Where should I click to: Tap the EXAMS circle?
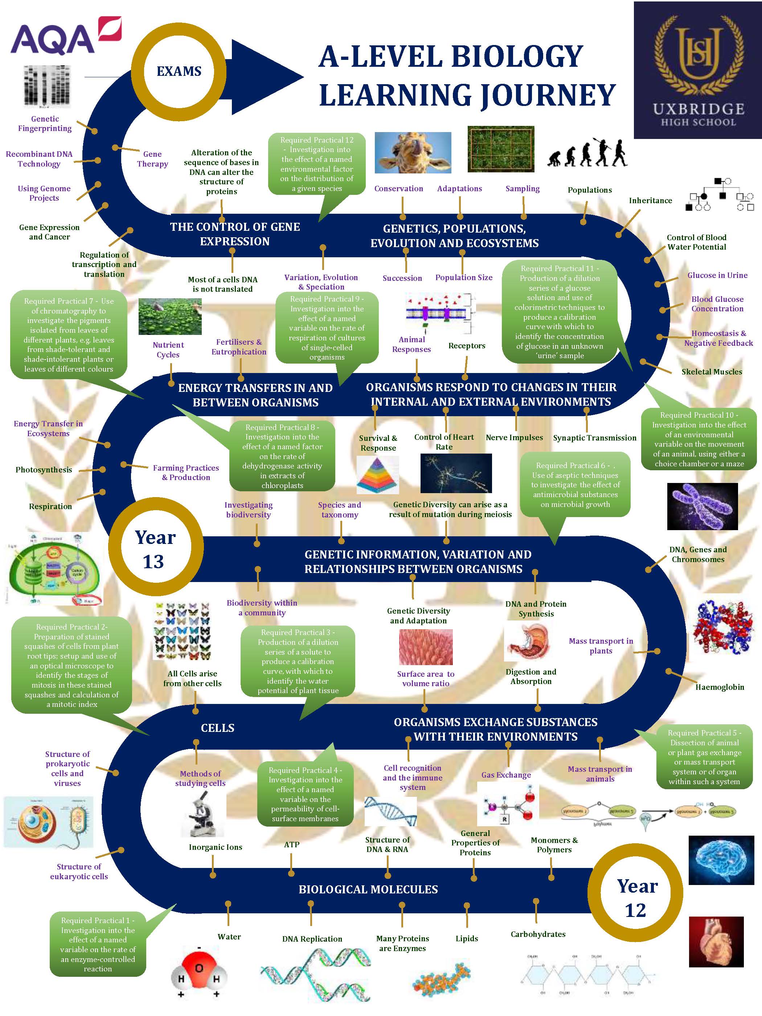point(179,71)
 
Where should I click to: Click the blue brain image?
point(721,860)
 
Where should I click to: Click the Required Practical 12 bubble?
point(317,164)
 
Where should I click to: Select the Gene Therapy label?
point(152,159)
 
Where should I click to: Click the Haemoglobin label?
point(719,687)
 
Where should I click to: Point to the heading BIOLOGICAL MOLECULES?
point(368,890)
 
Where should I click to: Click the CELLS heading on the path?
point(217,728)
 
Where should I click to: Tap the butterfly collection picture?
point(182,630)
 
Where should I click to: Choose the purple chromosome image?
point(702,506)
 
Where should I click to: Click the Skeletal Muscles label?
point(712,372)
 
